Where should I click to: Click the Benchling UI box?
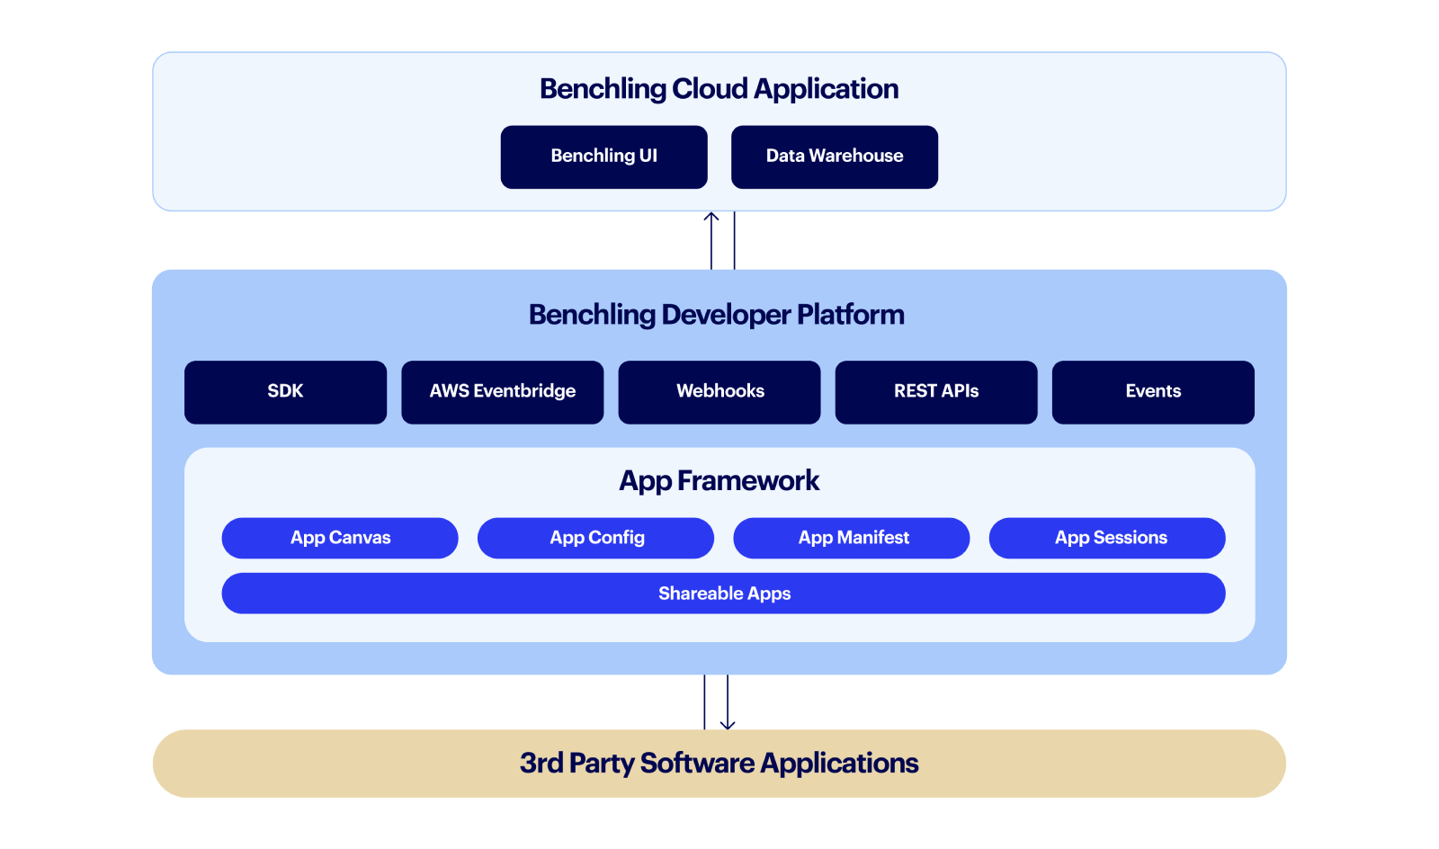click(x=603, y=156)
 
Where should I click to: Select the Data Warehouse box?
click(x=834, y=156)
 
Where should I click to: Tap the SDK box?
click(x=285, y=392)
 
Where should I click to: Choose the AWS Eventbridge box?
click(x=502, y=392)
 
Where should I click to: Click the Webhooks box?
click(x=719, y=392)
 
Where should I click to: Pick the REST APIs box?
click(x=935, y=392)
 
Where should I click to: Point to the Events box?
click(x=1152, y=392)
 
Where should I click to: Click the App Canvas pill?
click(x=340, y=538)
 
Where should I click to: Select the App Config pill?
click(x=595, y=538)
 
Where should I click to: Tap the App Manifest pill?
click(x=852, y=538)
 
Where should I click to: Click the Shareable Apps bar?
click(x=723, y=594)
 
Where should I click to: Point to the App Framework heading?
click(x=719, y=481)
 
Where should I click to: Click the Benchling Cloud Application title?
click(x=719, y=89)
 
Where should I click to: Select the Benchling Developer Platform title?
click(x=716, y=315)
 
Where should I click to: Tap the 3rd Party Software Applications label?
click(x=719, y=764)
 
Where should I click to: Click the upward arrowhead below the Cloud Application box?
click(x=711, y=217)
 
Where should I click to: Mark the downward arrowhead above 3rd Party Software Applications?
click(x=728, y=724)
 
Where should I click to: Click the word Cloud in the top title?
click(x=710, y=89)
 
